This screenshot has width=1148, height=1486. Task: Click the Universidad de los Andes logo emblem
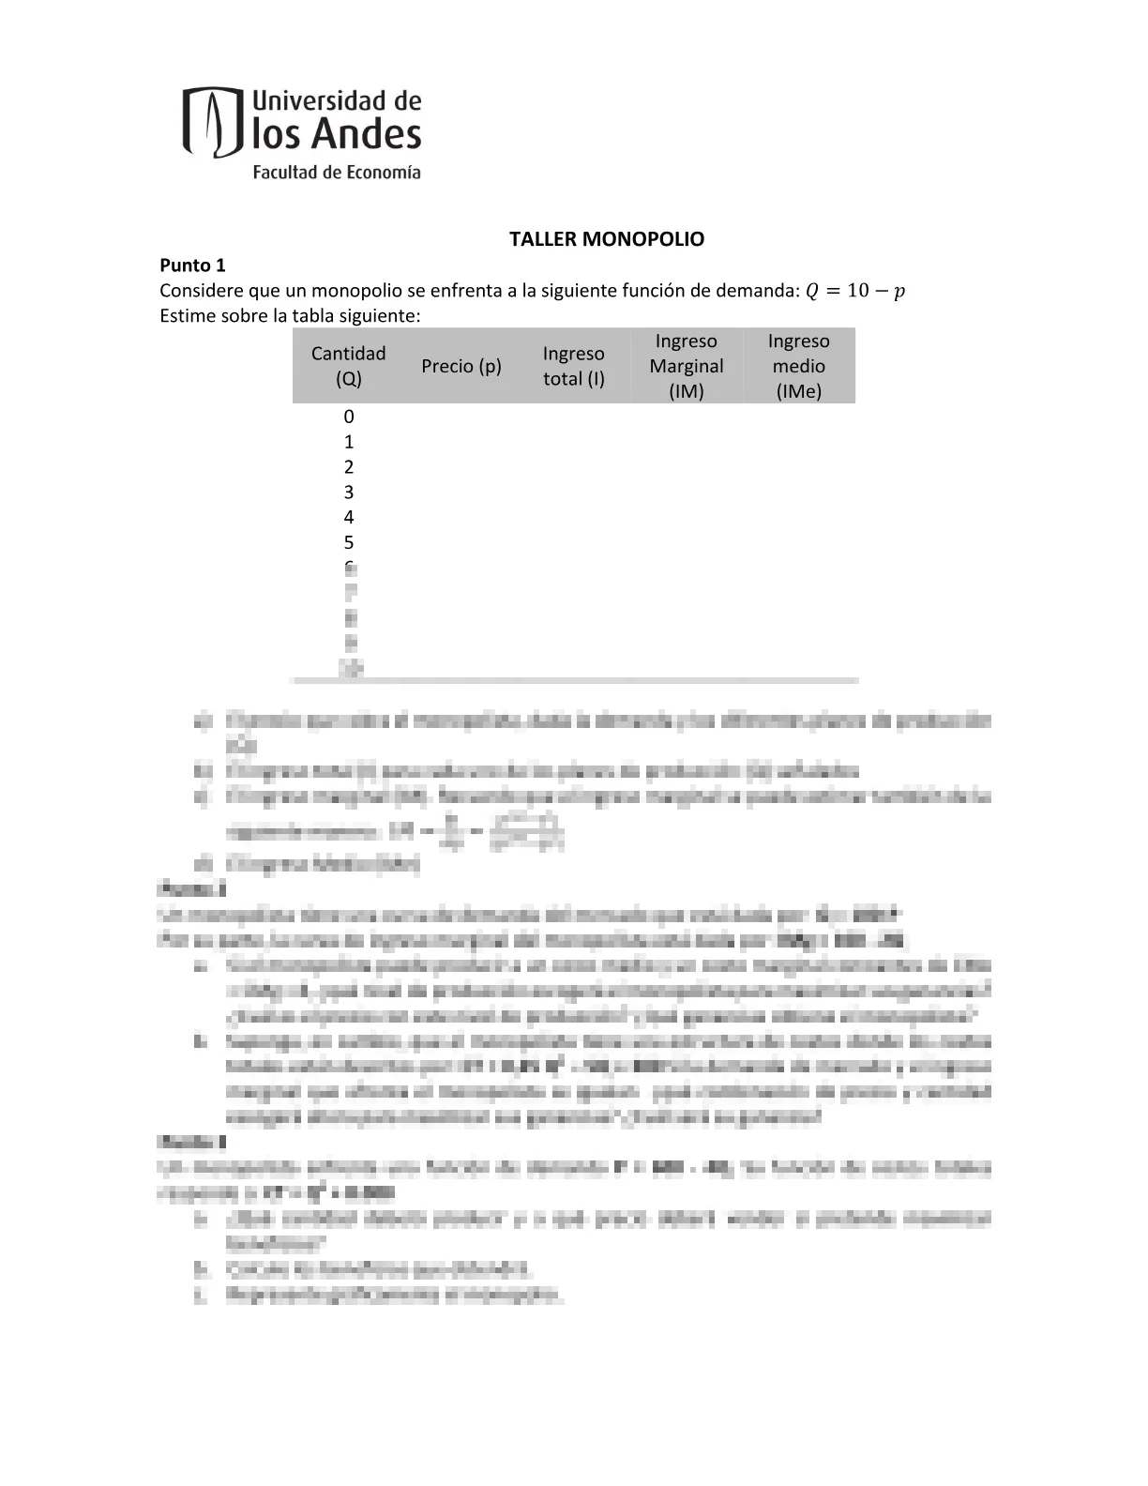click(x=207, y=122)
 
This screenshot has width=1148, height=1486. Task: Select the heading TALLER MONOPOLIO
click(x=606, y=239)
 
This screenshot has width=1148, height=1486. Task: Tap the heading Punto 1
click(x=192, y=265)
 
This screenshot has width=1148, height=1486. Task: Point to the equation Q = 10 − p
click(x=854, y=291)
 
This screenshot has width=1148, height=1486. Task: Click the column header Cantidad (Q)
click(x=349, y=366)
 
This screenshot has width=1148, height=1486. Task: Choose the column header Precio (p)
click(x=461, y=366)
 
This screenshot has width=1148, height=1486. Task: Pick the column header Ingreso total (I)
click(x=574, y=366)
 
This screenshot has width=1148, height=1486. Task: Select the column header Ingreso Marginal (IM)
click(x=687, y=366)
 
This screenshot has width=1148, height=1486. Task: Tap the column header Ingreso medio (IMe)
click(x=799, y=366)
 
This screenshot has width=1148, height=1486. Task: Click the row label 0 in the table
click(x=349, y=417)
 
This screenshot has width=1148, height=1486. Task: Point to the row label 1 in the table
click(x=349, y=442)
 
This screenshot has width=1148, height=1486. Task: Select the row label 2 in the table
click(x=349, y=467)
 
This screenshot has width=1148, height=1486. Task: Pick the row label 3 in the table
click(x=349, y=493)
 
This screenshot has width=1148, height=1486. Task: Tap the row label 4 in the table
click(x=349, y=518)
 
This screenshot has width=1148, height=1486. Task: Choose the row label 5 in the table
click(x=349, y=543)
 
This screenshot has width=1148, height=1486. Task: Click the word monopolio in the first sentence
click(x=352, y=291)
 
